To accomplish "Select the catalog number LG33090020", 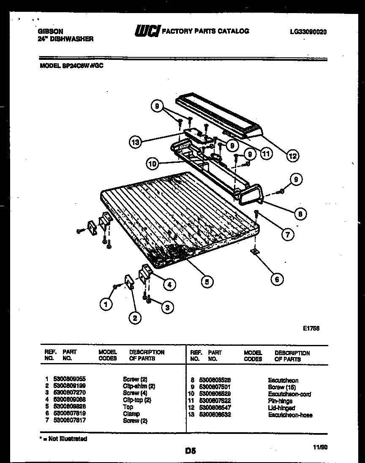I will click(308, 32).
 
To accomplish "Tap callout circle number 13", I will click(135, 143).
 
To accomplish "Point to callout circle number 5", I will click(207, 281).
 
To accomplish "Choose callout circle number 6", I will click(277, 279).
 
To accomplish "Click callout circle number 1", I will click(106, 303).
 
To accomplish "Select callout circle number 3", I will click(167, 307).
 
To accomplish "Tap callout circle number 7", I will click(287, 234).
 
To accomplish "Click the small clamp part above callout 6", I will click(255, 251).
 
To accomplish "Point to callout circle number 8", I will click(300, 214).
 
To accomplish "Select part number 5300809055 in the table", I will click(69, 379).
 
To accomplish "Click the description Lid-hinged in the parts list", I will click(281, 408).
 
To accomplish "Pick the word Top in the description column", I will click(128, 407).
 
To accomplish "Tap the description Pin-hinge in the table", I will click(280, 401).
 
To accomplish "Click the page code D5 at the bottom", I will click(191, 451).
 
